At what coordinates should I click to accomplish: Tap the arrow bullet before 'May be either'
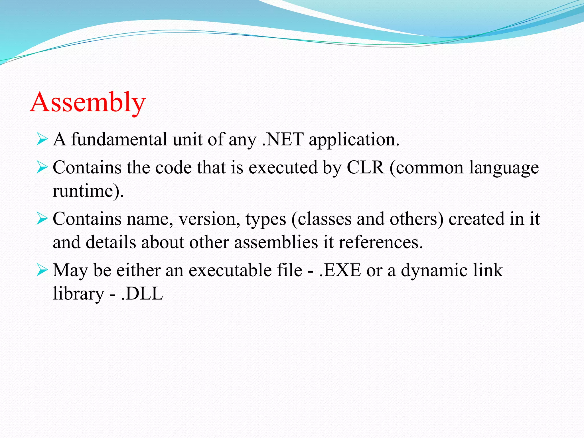pyautogui.click(x=42, y=270)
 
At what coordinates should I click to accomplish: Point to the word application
pyautogui.click(x=354, y=140)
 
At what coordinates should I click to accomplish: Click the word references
pyautogui.click(x=380, y=242)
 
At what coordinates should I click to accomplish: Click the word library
pyautogui.click(x=78, y=294)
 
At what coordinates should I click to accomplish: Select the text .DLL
pyautogui.click(x=142, y=294)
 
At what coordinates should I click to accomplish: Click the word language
pyautogui.click(x=504, y=168)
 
